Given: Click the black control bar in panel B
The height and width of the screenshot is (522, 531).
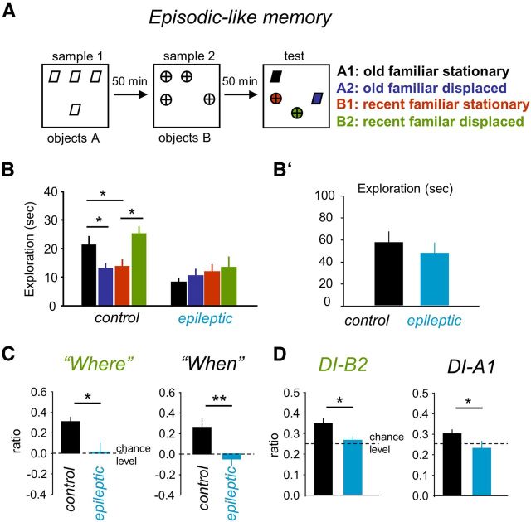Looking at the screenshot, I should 89,275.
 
